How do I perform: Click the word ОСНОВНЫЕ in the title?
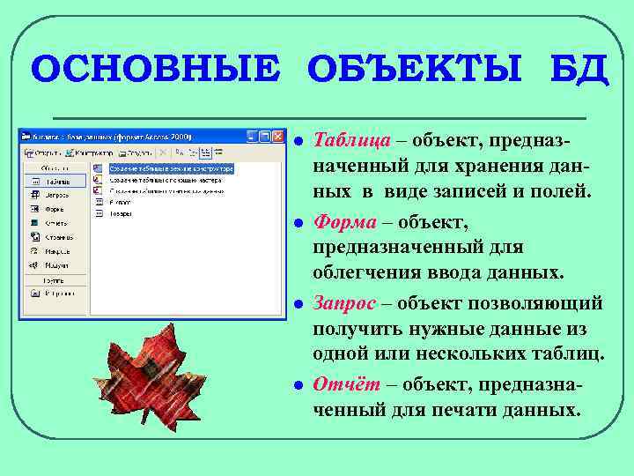[153, 69]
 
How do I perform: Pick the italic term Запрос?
[345, 303]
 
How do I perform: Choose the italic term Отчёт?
[344, 384]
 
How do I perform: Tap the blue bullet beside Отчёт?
[299, 384]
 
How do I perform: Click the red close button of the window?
[280, 137]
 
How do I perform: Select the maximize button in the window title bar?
[265, 137]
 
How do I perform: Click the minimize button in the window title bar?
[253, 137]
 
